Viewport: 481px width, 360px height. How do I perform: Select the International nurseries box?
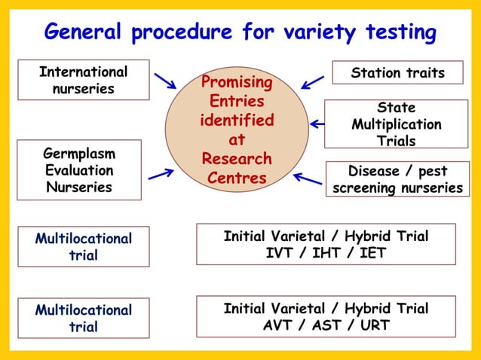click(83, 81)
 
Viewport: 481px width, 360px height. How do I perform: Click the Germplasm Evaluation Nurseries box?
click(79, 170)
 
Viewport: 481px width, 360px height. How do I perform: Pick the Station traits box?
click(397, 73)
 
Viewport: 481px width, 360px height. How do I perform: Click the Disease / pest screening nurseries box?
click(397, 180)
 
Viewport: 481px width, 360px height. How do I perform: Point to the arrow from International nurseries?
click(164, 81)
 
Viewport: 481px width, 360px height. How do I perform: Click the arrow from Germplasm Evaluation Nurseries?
click(161, 174)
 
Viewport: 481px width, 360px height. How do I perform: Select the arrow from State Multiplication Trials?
click(317, 124)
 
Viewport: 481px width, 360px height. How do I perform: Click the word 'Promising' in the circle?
click(236, 81)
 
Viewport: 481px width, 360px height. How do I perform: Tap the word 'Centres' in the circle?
click(236, 178)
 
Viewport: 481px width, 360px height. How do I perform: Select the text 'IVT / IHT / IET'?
click(326, 253)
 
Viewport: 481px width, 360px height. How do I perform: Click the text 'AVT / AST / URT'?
click(326, 325)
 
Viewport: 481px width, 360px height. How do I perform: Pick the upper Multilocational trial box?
click(83, 246)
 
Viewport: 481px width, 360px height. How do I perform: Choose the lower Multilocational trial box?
click(83, 318)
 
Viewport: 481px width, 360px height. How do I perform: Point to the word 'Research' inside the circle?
click(236, 159)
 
